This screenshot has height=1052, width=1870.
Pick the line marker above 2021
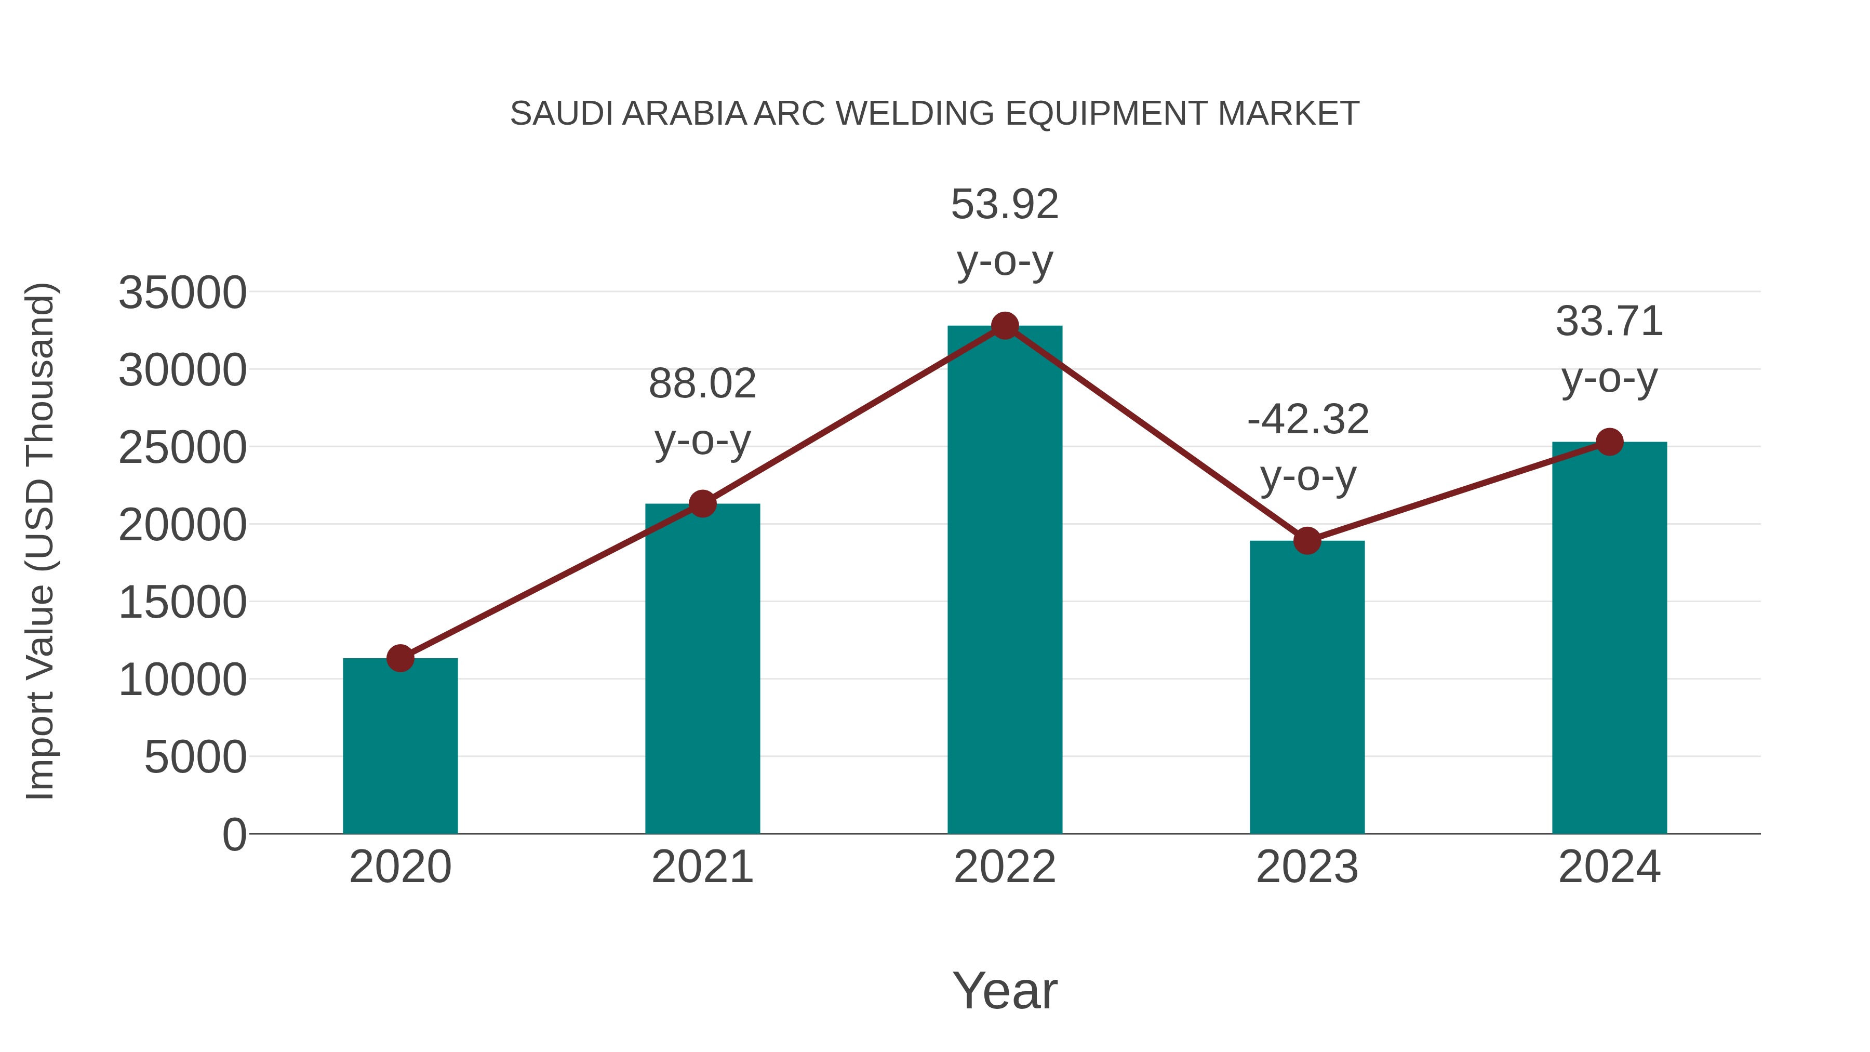click(x=702, y=503)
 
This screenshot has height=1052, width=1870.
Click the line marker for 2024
click(x=1609, y=442)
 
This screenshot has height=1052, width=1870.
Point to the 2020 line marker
click(x=400, y=659)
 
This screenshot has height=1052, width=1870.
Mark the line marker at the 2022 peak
click(x=1005, y=326)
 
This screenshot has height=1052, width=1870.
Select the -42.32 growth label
click(x=1308, y=447)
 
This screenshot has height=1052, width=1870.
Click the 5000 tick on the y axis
click(x=195, y=757)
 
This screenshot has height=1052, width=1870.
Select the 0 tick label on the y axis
click(x=234, y=834)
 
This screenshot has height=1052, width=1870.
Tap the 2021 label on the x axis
click(x=702, y=867)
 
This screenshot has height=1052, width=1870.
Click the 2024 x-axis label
click(x=1609, y=867)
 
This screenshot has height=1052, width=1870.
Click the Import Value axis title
click(x=41, y=541)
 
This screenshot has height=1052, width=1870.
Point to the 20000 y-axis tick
click(x=182, y=525)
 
